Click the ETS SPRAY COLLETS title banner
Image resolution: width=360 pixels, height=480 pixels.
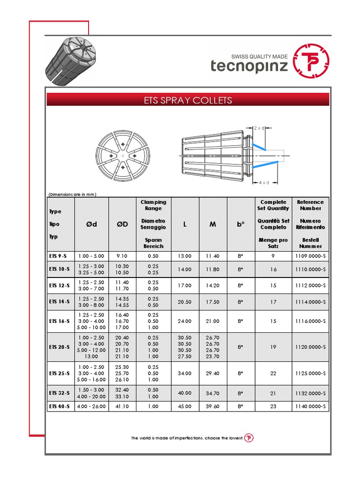pos(187,100)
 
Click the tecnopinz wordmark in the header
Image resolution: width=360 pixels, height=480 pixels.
pos(249,66)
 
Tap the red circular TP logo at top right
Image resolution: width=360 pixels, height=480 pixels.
pos(311,62)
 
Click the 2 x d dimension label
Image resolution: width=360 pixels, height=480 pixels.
pos(259,127)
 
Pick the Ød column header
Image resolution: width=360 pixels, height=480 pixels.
pos(91,224)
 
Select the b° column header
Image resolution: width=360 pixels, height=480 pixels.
pos(241,224)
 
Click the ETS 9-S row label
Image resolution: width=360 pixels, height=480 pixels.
pos(60,256)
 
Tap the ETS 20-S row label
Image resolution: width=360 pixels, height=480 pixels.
pos(60,347)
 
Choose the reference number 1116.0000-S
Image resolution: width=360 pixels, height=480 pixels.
pos(310,321)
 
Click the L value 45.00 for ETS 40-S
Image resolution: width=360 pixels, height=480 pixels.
pos(185,406)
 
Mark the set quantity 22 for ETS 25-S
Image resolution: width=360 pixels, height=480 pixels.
pos(273,374)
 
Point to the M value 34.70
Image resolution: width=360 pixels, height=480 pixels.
pos(213,393)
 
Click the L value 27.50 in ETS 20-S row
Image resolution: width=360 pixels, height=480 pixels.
pos(185,356)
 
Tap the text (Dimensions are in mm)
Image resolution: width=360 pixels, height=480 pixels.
pos(72,195)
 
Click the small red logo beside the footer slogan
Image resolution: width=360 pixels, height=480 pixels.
pos(249,438)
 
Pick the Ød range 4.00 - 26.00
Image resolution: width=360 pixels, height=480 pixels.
pos(91,406)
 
